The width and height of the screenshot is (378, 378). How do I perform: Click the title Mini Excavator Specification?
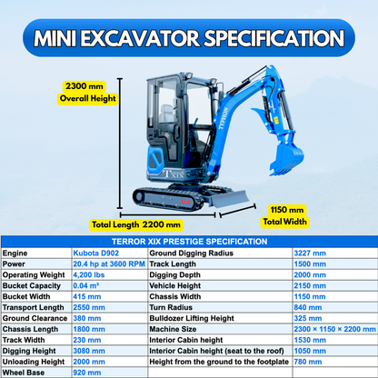pyautogui.click(x=189, y=38)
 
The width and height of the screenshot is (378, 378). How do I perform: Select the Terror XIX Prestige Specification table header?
pyautogui.click(x=189, y=241)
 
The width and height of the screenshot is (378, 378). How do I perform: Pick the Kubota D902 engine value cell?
pyautogui.click(x=94, y=252)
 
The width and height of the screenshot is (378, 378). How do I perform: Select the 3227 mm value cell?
pyautogui.click(x=309, y=252)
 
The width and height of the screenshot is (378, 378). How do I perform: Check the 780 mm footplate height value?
pyautogui.click(x=307, y=362)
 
